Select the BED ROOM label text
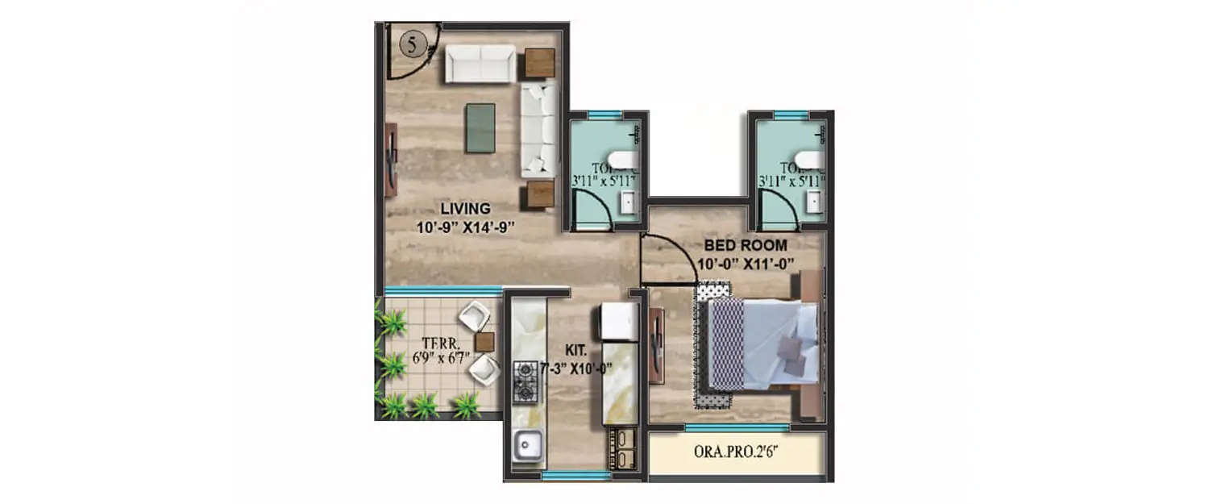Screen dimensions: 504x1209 coord(746,244)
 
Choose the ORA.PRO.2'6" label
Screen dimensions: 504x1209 coord(737,452)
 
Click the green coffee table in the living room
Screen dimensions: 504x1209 coord(480,127)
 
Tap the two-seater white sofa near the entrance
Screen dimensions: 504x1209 coord(480,63)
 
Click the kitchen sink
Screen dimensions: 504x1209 coord(529,443)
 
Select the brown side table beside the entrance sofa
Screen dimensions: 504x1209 coord(540,63)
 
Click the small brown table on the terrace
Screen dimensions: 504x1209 coord(484,342)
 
